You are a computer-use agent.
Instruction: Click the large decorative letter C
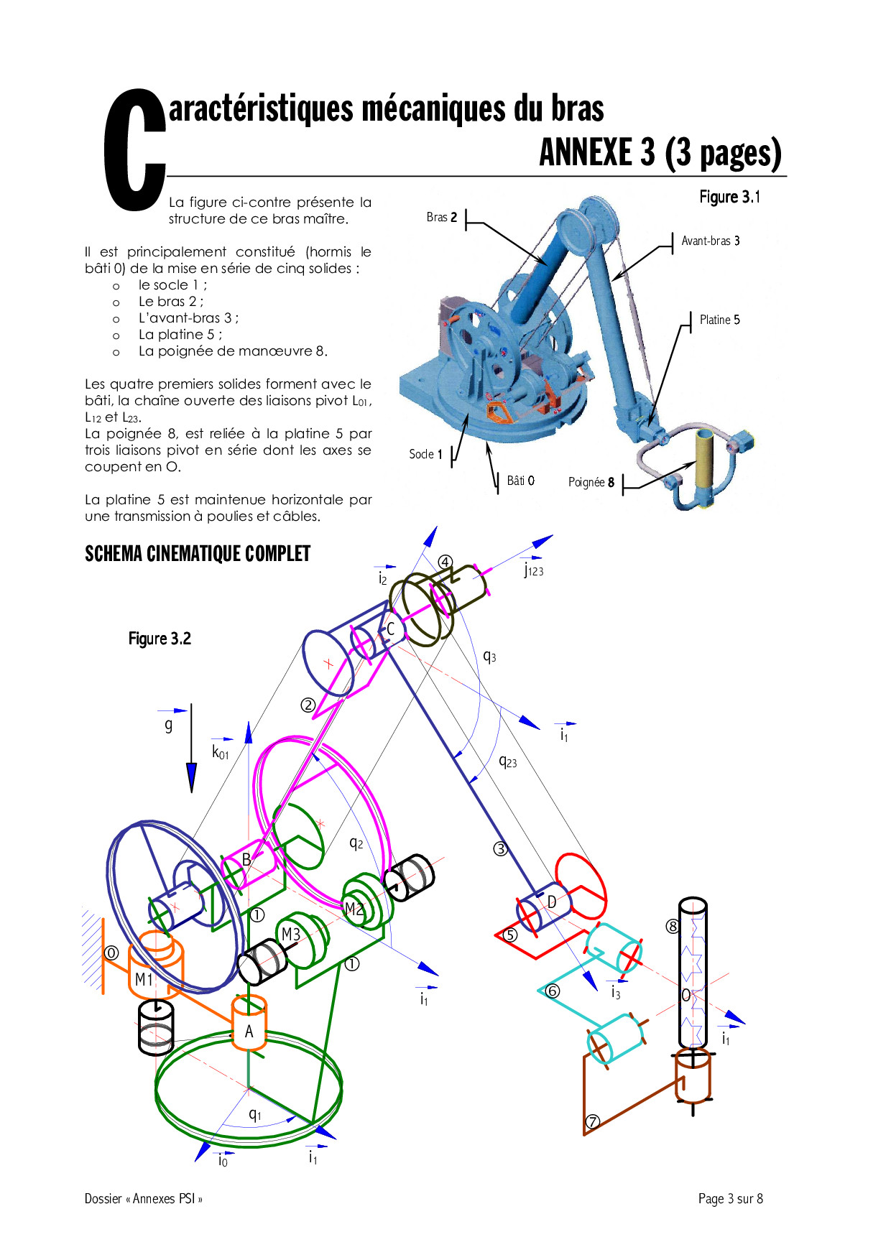pos(134,150)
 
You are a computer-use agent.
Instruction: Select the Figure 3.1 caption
pos(729,197)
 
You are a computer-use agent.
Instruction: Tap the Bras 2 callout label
pos(441,217)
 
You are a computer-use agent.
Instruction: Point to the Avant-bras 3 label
pos(711,241)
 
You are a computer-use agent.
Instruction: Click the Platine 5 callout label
pos(719,320)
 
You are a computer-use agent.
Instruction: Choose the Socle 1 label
pos(425,454)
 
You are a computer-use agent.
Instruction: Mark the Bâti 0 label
pos(520,481)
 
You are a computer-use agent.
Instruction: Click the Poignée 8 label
pos(591,482)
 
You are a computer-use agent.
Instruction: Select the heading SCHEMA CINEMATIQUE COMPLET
pos(198,554)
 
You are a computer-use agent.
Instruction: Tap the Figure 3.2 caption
pos(160,639)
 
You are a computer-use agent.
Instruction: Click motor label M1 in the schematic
pos(144,980)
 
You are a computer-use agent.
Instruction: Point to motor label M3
pos(290,935)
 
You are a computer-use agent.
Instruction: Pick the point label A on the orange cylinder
pos(249,1032)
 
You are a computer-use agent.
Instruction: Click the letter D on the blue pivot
pos(552,902)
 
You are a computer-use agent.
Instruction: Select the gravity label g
pos(169,725)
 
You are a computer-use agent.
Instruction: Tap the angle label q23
pos(507,761)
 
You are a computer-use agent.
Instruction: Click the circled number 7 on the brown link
pos(592,1121)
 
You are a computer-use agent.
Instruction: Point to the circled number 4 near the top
pos(445,562)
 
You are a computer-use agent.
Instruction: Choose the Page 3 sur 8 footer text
pos(730,1198)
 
